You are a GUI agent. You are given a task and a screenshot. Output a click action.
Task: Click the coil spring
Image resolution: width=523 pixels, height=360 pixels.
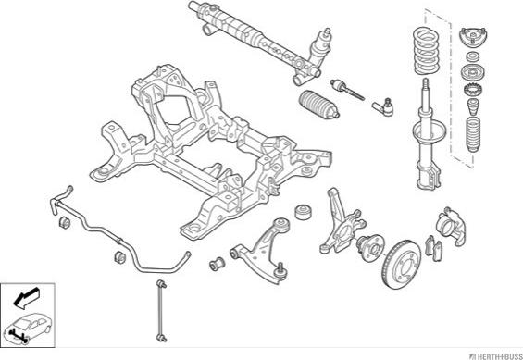[427, 51]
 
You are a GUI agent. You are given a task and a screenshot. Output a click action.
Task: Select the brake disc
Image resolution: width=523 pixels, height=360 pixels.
[401, 264]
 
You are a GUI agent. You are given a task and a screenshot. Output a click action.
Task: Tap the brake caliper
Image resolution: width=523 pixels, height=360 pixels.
[451, 226]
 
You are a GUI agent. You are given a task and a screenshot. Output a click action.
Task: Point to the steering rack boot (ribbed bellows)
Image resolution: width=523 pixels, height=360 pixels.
[318, 105]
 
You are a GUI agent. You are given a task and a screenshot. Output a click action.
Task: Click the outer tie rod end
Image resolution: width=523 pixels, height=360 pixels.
[383, 107]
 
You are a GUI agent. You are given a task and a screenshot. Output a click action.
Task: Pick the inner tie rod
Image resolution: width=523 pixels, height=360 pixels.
[347, 89]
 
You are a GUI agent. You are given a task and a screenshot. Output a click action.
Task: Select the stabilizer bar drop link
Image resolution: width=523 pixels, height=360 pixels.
[161, 311]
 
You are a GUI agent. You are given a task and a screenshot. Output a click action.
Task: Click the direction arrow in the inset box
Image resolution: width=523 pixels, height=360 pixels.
[27, 297]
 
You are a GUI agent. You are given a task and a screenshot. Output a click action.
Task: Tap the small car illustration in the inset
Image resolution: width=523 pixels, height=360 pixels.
[29, 329]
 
